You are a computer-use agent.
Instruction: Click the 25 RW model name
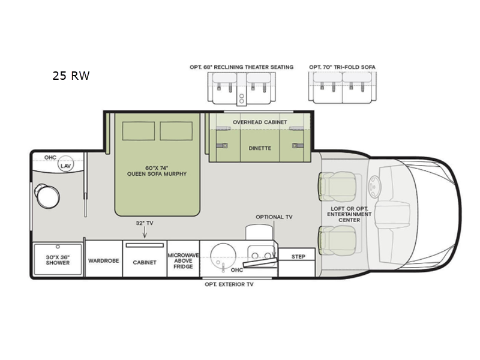point(71,76)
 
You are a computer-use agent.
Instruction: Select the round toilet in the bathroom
point(47,196)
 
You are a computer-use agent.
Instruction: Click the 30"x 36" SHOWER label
point(58,260)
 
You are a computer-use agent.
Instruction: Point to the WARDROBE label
point(103,261)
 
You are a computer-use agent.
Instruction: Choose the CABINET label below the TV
point(145,262)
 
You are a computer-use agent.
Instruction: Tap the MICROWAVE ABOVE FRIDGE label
point(183,261)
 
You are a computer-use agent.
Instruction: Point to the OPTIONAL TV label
point(274,217)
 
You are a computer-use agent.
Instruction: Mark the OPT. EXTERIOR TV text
point(229,284)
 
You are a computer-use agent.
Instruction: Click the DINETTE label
point(260,148)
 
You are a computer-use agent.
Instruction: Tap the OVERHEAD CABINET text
point(260,122)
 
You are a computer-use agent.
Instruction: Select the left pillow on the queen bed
point(139,131)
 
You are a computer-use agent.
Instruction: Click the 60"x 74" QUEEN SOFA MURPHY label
point(157,171)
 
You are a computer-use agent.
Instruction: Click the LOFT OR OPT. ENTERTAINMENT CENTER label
point(349,214)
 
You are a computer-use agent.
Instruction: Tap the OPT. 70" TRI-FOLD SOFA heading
point(342,67)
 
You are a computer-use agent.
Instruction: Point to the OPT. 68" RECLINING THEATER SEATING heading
point(242,67)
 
